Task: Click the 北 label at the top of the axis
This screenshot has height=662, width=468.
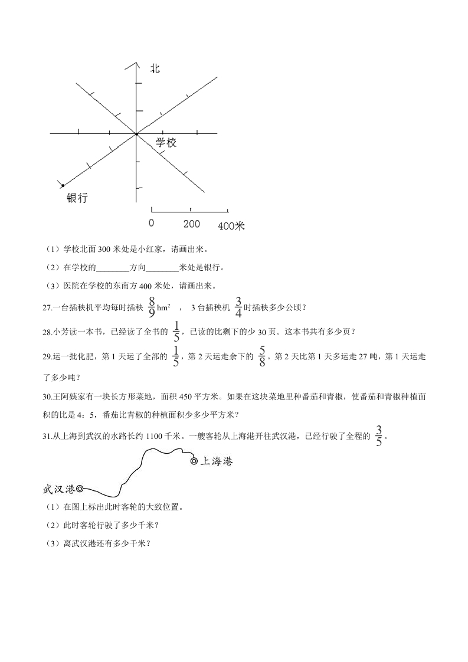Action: click(x=155, y=69)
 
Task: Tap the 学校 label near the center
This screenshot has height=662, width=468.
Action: click(x=166, y=143)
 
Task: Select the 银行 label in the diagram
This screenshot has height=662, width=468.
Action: click(x=77, y=198)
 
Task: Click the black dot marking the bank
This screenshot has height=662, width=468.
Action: click(x=63, y=185)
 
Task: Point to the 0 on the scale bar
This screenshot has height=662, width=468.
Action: click(x=152, y=224)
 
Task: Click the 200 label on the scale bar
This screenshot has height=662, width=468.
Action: click(x=191, y=224)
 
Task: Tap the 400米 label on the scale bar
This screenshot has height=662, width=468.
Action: click(x=231, y=225)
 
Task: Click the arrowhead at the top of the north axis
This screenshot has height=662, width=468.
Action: click(x=136, y=62)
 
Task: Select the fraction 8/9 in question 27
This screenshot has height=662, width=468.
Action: click(x=152, y=307)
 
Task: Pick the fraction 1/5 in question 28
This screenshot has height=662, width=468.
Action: click(x=175, y=331)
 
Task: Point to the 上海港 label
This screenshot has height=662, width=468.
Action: click(x=217, y=461)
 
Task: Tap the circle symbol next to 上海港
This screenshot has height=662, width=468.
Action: click(x=194, y=461)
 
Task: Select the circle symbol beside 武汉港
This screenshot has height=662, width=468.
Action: click(x=80, y=489)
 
